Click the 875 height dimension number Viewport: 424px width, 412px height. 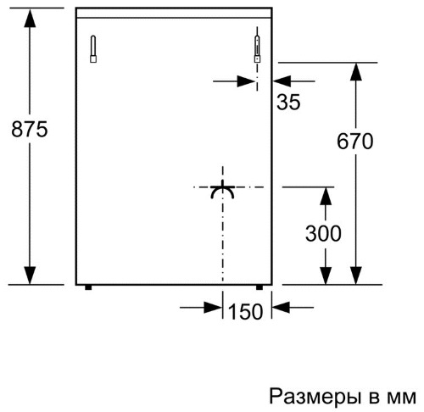[x=30, y=130]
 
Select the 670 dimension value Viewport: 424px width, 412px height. [x=355, y=142]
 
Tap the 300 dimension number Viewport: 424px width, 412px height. [x=323, y=234]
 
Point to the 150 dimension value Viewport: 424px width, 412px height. [x=245, y=312]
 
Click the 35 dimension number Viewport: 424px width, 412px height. [x=288, y=102]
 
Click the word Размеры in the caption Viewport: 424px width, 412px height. [x=315, y=397]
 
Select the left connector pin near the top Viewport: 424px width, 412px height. [x=93, y=49]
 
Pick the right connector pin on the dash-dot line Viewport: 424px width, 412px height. [x=257, y=49]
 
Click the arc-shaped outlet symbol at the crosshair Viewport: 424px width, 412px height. [x=222, y=189]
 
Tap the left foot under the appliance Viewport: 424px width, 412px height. [x=88, y=287]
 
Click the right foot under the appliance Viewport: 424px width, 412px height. [x=259, y=287]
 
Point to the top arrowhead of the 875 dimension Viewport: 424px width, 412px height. [x=30, y=18]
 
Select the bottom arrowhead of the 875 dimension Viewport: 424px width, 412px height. [x=30, y=276]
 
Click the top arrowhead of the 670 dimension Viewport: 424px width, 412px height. [x=356, y=72]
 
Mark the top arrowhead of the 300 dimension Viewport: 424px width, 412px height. [x=326, y=196]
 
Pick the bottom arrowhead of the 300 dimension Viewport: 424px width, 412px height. [x=326, y=276]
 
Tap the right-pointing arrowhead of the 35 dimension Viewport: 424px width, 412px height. [x=247, y=81]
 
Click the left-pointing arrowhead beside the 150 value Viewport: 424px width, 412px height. [x=282, y=307]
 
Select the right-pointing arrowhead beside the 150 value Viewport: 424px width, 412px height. [x=213, y=307]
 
